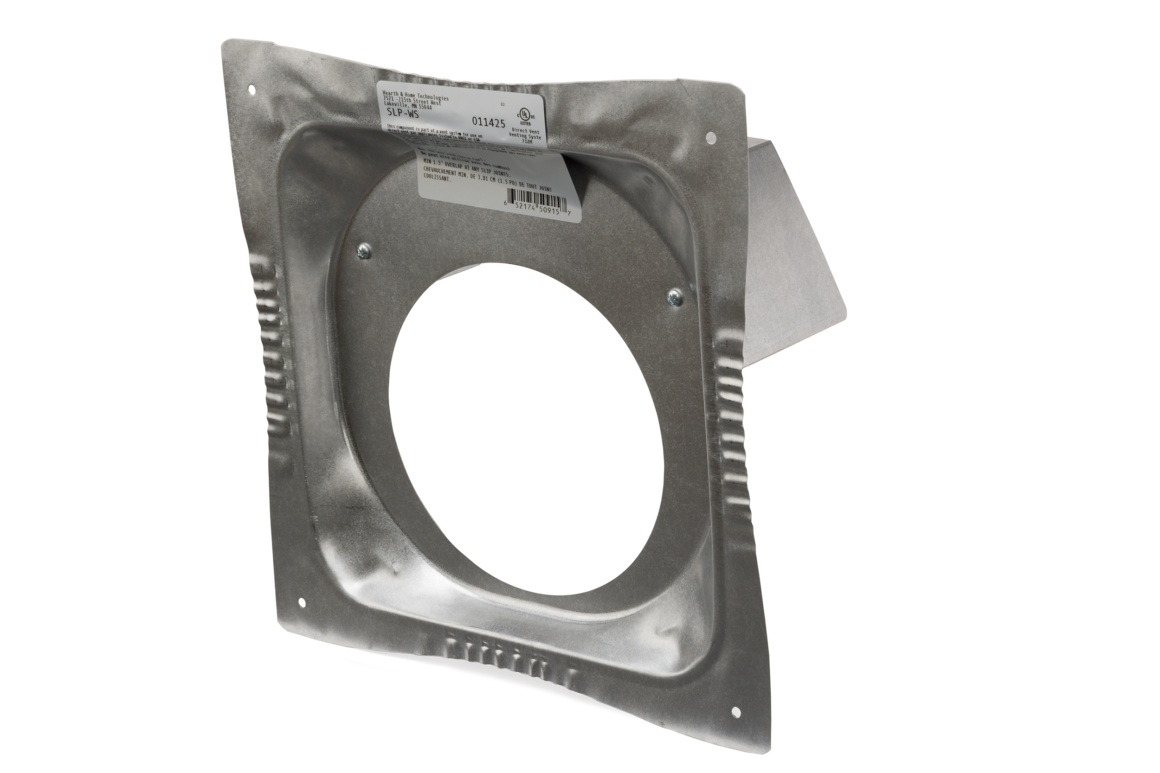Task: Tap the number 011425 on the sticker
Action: pos(488,122)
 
